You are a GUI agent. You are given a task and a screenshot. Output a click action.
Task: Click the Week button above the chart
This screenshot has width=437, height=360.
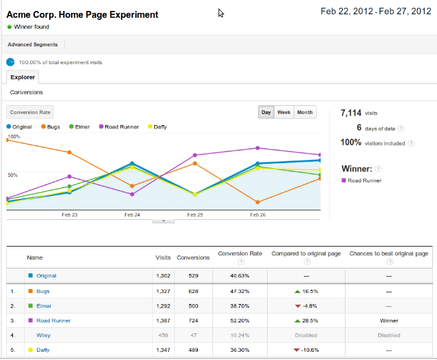tap(284, 112)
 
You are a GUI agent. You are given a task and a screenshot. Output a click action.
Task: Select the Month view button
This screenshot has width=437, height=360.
tap(305, 112)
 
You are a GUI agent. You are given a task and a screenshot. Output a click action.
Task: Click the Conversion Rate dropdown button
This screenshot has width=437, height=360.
tap(30, 113)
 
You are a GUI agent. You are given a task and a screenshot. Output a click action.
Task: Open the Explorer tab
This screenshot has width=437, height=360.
tap(23, 77)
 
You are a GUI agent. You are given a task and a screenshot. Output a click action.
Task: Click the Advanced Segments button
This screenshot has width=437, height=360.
tap(33, 44)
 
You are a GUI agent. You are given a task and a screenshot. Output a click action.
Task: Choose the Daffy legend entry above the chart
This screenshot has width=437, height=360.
tap(157, 126)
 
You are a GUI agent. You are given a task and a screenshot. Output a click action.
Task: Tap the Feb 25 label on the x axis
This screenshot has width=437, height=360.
tap(195, 214)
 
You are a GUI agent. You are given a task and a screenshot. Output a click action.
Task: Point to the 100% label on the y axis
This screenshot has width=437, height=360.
tap(13, 137)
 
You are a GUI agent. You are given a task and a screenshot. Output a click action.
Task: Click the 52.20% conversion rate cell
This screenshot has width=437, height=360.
tap(240, 320)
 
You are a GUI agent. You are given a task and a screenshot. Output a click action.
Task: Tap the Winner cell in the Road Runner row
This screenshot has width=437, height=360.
tap(389, 320)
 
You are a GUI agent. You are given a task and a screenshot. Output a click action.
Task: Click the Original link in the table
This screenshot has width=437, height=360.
tap(47, 276)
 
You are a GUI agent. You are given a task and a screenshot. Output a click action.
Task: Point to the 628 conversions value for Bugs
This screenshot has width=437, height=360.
tap(193, 291)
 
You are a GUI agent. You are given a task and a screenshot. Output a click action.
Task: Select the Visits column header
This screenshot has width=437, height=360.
tap(163, 258)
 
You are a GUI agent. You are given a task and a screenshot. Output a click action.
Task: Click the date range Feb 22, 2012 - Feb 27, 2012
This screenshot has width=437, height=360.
tap(376, 12)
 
